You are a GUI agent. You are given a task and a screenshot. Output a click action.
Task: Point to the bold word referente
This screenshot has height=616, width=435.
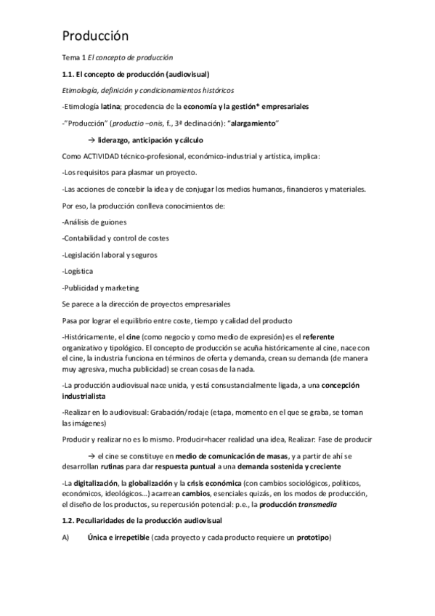pos(323,336)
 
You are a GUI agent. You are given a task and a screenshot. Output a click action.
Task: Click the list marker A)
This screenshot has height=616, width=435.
pos(66,538)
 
